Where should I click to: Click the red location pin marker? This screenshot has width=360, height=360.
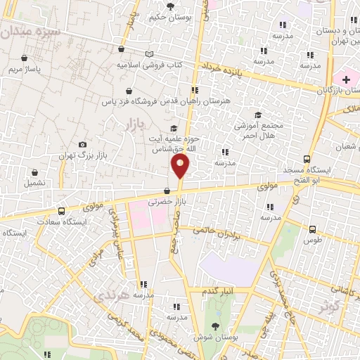[x=180, y=167]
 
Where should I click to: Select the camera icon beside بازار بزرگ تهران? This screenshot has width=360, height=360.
[x=83, y=144]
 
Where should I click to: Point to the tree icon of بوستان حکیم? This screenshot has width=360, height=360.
[x=171, y=6]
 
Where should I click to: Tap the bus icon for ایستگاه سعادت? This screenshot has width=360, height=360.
[x=61, y=210]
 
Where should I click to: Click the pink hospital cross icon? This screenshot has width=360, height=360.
[x=345, y=80]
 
